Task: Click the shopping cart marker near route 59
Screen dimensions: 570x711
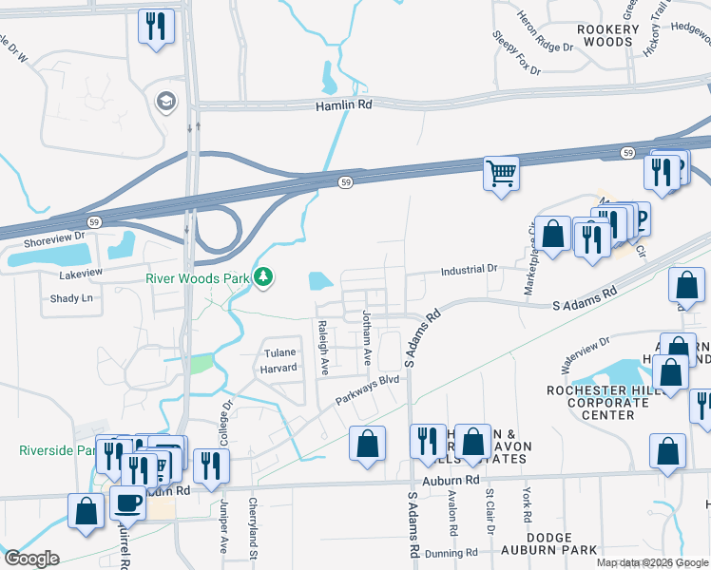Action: pos(501,174)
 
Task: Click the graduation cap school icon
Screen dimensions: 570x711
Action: pos(166,102)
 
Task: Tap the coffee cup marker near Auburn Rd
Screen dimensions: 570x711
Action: pos(127,503)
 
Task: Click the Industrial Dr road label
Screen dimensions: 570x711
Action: pos(469,270)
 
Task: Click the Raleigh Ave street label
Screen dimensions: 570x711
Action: pos(323,349)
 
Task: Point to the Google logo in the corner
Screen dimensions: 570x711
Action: pos(31,559)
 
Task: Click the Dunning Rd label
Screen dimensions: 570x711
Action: pos(452,552)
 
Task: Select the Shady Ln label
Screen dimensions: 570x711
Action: pos(71,297)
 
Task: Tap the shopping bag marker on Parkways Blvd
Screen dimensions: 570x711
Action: pos(367,443)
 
